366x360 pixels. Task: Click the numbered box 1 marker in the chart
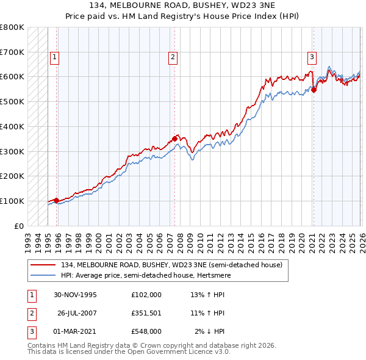click(54, 57)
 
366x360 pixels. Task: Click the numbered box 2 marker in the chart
click(173, 57)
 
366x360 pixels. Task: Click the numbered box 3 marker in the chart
click(312, 57)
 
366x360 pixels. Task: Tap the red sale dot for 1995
click(57, 200)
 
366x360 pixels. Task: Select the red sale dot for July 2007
click(174, 138)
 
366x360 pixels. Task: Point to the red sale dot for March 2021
click(314, 90)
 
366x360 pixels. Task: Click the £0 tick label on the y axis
click(19, 226)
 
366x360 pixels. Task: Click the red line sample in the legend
click(44, 265)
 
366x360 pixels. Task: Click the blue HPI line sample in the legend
click(44, 275)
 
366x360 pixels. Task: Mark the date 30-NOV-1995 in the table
click(75, 294)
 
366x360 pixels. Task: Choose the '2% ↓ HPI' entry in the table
click(209, 332)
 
